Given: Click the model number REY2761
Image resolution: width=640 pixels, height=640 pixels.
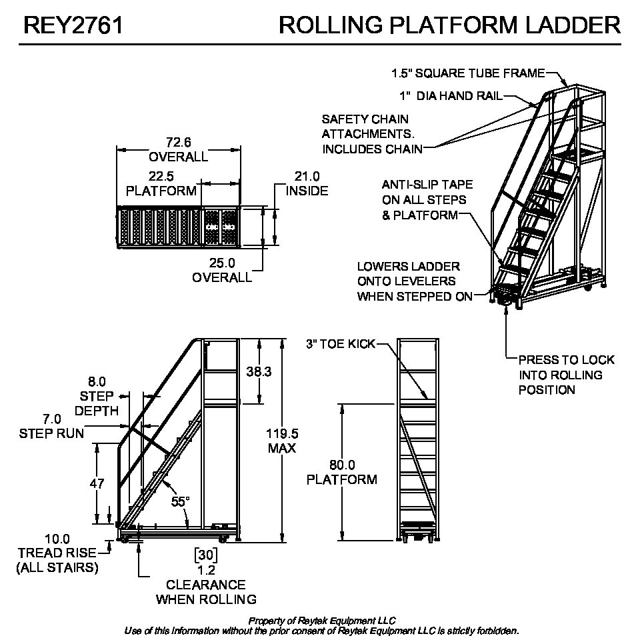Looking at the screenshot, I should (x=73, y=25).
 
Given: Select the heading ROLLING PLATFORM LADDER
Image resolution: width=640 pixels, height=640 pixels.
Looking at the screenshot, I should (x=449, y=25).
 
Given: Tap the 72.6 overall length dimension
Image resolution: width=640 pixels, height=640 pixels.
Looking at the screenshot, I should (x=178, y=142).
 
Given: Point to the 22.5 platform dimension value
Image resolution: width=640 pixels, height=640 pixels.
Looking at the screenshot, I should (x=161, y=177).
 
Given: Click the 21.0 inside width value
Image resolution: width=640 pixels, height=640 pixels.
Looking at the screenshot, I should (x=307, y=177).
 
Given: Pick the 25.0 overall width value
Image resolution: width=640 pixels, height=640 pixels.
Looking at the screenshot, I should (x=222, y=263).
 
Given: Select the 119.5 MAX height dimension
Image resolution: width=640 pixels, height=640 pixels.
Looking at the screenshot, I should (x=282, y=433).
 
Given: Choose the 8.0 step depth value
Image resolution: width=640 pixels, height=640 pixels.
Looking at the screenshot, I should (x=97, y=381).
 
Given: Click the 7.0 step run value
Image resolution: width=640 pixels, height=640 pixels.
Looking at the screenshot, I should (x=51, y=419).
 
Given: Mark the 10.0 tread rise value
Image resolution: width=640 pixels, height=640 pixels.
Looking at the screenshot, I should (x=57, y=539).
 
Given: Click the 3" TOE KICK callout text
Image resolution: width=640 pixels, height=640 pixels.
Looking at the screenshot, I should (x=340, y=344).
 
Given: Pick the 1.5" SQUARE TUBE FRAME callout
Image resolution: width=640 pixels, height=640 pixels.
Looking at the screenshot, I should (x=468, y=73).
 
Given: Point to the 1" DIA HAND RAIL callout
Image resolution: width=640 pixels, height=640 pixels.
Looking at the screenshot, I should (x=451, y=96).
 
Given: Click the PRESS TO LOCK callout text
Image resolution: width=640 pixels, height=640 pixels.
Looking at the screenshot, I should (x=566, y=360).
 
